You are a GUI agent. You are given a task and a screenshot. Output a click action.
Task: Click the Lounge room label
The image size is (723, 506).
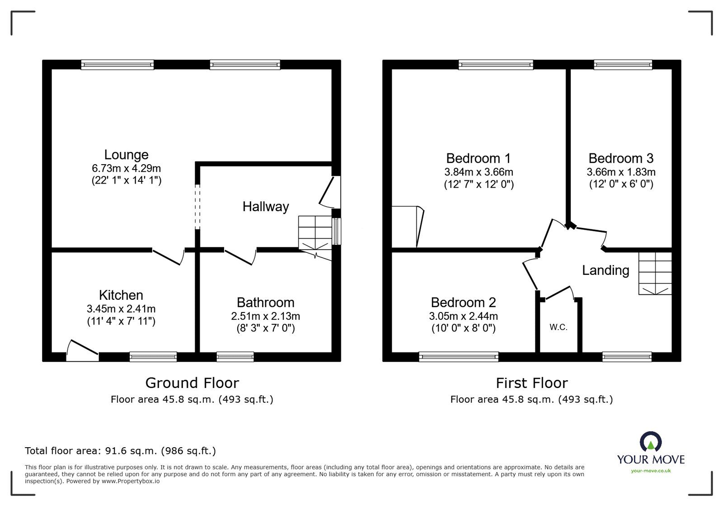126,155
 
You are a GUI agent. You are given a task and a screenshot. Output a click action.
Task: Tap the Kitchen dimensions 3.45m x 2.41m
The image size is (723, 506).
121,309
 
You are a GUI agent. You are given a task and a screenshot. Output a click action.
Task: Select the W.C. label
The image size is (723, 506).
559,327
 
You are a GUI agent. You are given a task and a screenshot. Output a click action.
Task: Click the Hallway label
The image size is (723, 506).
265,207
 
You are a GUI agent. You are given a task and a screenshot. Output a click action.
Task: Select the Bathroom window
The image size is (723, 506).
235,357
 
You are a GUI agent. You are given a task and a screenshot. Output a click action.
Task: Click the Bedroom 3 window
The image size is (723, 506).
623,65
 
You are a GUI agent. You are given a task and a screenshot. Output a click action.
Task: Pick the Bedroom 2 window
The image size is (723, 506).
459,357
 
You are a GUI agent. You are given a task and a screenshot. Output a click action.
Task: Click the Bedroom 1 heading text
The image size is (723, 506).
478,158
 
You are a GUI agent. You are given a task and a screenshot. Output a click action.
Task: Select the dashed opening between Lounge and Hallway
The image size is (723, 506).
197,206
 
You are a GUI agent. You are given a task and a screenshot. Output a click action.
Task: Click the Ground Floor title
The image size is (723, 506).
192,383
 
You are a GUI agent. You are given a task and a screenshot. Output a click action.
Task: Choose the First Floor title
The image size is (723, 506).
531,383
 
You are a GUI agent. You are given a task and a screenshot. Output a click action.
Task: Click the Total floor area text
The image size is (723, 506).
120,451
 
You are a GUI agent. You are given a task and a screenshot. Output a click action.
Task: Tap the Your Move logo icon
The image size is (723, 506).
651,442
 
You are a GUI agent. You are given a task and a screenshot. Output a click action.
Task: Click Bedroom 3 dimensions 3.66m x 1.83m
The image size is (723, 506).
621,172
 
